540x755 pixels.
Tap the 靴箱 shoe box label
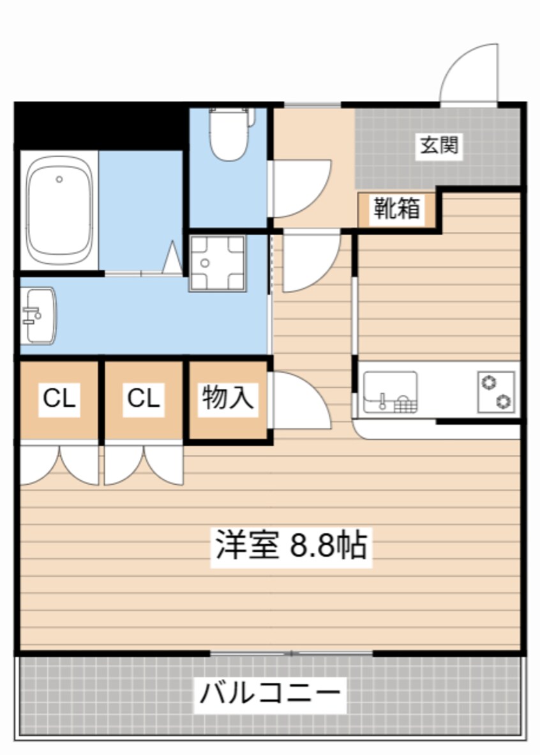click(397, 209)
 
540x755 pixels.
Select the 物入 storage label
click(229, 399)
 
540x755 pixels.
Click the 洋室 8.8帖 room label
click(291, 546)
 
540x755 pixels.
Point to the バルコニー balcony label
click(271, 692)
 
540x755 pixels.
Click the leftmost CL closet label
click(59, 399)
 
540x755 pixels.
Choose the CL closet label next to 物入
click(144, 399)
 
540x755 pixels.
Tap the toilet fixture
click(229, 135)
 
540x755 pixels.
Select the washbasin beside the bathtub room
click(38, 316)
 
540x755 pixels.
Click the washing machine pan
click(217, 263)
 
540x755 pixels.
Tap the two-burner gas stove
click(497, 392)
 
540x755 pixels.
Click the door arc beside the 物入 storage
click(300, 400)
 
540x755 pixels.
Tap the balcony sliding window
click(291, 653)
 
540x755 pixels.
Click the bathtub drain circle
click(59, 179)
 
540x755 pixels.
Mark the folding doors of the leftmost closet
click(59, 465)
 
